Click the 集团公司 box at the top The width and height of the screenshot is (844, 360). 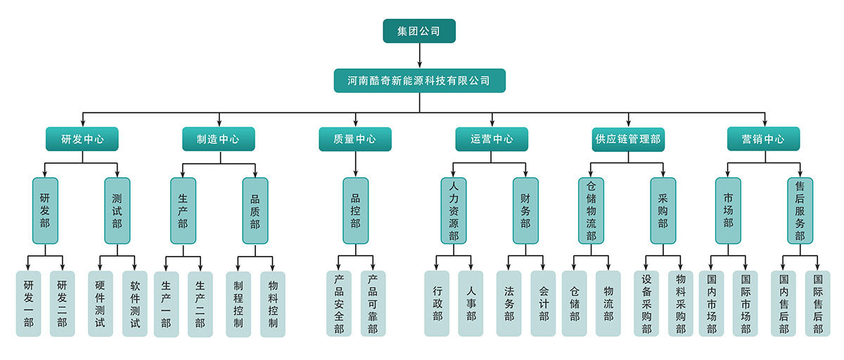419,31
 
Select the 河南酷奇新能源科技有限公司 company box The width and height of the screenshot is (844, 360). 419,80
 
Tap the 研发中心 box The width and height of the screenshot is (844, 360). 82,139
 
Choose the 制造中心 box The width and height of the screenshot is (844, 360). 219,139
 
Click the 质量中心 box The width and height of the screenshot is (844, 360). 355,139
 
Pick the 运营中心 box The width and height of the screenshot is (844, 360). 492,139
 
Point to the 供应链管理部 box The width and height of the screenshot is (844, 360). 628,139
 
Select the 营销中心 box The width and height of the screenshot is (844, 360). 765,139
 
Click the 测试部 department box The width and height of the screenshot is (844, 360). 117,210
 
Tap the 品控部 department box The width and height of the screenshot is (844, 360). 355,210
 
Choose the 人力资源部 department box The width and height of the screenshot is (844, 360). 454,210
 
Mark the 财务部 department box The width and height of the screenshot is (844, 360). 525,210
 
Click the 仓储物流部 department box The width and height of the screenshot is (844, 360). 591,210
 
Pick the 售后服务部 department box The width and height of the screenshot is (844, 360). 800,210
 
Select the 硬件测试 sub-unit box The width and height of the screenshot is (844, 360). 100,304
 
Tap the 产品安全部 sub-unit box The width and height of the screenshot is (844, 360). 339,304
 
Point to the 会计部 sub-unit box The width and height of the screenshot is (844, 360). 543,304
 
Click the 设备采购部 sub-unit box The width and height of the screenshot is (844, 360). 646,304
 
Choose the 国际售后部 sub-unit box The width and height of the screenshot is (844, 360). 817,304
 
